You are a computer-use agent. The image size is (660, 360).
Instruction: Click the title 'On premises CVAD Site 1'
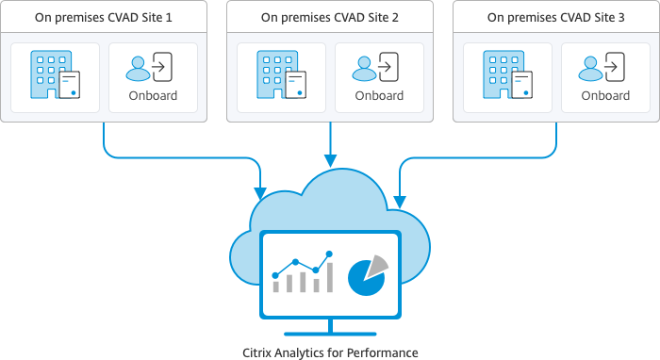pyautogui.click(x=104, y=17)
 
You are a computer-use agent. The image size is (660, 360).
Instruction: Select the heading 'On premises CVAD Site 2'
pyautogui.click(x=329, y=17)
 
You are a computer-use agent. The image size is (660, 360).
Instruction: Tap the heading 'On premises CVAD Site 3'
pyautogui.click(x=555, y=17)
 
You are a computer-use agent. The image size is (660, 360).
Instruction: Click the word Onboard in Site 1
pyautogui.click(x=153, y=95)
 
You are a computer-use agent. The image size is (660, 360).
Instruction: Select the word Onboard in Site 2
pyautogui.click(x=379, y=95)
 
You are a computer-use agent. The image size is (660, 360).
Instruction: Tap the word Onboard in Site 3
pyautogui.click(x=605, y=95)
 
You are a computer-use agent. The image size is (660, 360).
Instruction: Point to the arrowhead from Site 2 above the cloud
pyautogui.click(x=329, y=162)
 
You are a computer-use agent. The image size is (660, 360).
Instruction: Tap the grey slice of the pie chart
pyautogui.click(x=376, y=265)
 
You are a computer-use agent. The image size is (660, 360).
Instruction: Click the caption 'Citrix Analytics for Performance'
pyautogui.click(x=329, y=352)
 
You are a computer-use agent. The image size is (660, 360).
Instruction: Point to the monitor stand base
pyautogui.click(x=329, y=334)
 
